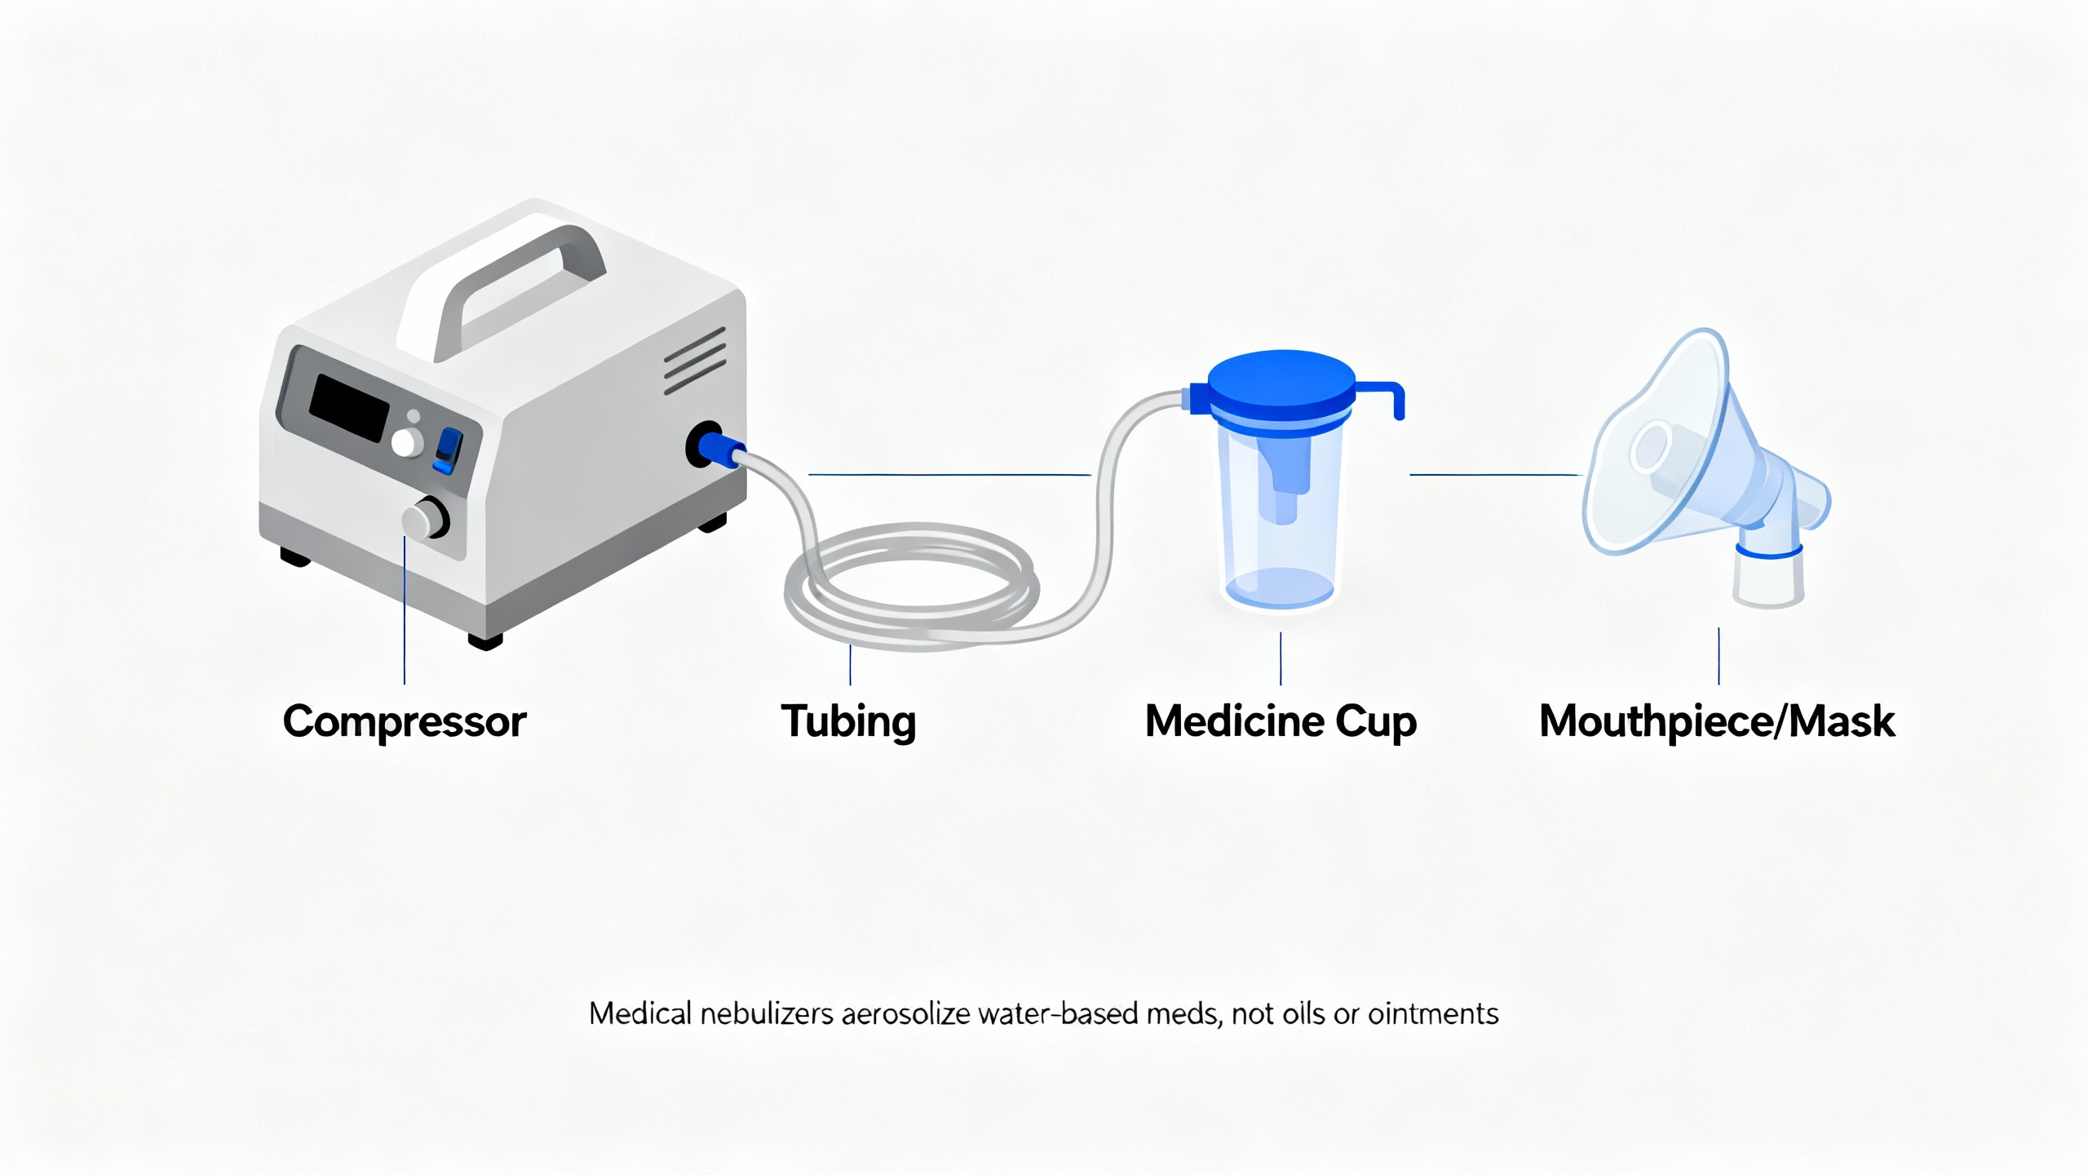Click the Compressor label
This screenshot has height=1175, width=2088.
[x=405, y=721]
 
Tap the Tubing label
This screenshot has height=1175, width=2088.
[x=848, y=721]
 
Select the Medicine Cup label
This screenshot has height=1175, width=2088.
[x=1281, y=721]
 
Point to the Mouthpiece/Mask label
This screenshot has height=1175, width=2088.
[x=1717, y=721]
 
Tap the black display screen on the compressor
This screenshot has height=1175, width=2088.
[x=349, y=407]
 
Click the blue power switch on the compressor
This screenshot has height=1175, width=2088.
[x=447, y=450]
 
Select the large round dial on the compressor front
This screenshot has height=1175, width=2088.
[x=425, y=517]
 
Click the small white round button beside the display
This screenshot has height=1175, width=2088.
[x=406, y=441]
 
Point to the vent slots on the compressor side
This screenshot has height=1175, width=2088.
[x=695, y=361]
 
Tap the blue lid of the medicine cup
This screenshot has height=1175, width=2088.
[x=1281, y=384]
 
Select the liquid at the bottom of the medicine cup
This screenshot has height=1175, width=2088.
[x=1279, y=587]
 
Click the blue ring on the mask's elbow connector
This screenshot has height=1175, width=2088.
[x=1768, y=552]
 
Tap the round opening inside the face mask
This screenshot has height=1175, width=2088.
[x=1651, y=446]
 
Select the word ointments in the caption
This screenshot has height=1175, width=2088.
[x=1433, y=1013]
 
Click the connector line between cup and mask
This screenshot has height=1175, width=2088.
[x=1496, y=474]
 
